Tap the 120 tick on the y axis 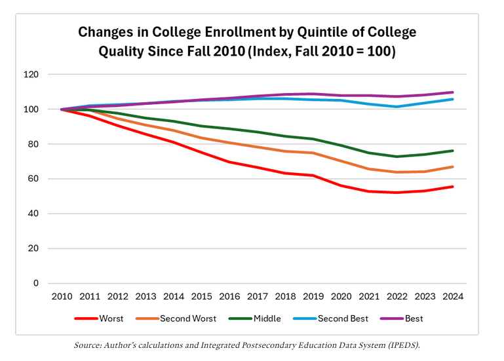[30, 75]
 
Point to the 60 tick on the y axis [33, 179]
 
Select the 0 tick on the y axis [35, 283]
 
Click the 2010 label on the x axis [63, 296]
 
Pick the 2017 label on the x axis [258, 296]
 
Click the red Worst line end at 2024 [452, 187]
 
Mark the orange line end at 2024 [452, 167]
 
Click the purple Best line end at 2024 [452, 92]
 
